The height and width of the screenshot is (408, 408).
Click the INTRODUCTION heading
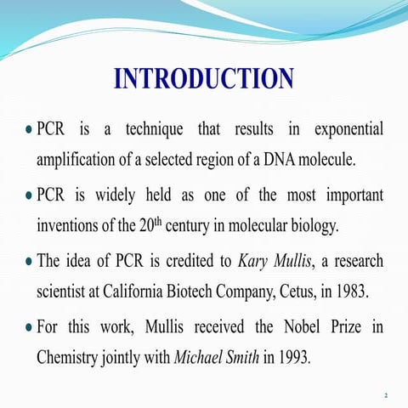(204, 79)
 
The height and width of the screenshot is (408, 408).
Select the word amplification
(75, 161)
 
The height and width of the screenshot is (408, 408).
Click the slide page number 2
(386, 395)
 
